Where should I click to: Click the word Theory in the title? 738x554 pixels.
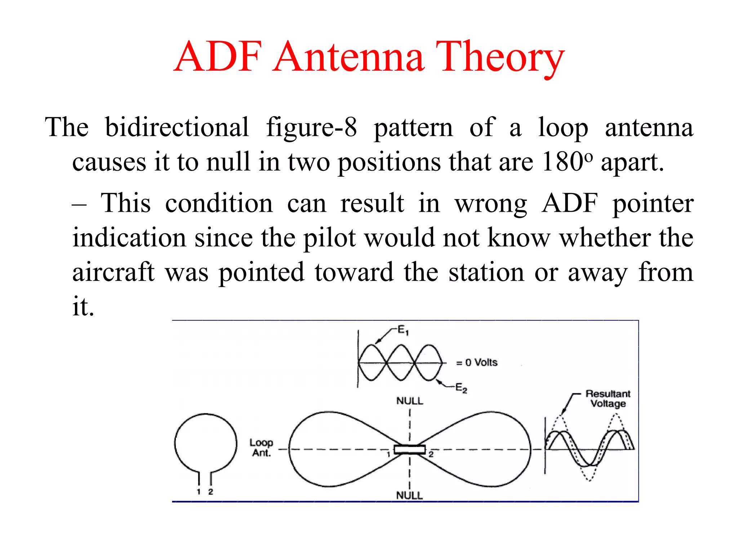pyautogui.click(x=500, y=58)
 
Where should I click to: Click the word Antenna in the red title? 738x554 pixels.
pyautogui.click(x=348, y=58)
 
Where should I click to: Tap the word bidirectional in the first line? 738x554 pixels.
pyautogui.click(x=177, y=127)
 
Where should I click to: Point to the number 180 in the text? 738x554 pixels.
pyautogui.click(x=562, y=162)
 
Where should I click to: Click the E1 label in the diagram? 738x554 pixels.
pyautogui.click(x=403, y=330)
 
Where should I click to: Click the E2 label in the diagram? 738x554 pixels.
pyautogui.click(x=461, y=388)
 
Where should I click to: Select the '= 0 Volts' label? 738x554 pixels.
pyautogui.click(x=477, y=362)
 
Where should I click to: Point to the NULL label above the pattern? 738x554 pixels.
pyautogui.click(x=410, y=401)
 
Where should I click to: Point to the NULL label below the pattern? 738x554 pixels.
pyautogui.click(x=409, y=495)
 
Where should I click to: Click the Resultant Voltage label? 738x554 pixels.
pyautogui.click(x=608, y=399)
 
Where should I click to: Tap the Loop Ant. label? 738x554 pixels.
pyautogui.click(x=261, y=448)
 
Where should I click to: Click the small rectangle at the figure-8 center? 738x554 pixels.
pyautogui.click(x=410, y=449)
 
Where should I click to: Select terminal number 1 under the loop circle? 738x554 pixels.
pyautogui.click(x=199, y=492)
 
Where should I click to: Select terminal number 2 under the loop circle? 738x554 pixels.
pyautogui.click(x=211, y=492)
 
